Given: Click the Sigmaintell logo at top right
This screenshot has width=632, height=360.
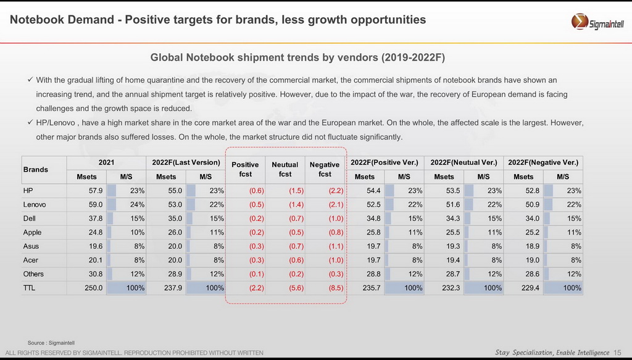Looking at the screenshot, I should (597, 23).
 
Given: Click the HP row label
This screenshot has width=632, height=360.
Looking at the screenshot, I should (28, 191).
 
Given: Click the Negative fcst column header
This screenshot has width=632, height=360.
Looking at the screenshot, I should (325, 169).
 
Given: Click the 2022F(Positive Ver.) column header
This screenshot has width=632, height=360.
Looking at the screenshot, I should (384, 162).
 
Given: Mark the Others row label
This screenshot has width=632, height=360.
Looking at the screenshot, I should (33, 274).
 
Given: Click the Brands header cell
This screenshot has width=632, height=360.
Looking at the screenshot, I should (36, 169).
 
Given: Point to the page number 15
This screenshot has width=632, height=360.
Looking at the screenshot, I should (618, 353).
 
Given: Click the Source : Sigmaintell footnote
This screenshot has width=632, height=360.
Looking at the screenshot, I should (51, 342).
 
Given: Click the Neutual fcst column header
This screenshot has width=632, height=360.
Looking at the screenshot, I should (285, 169).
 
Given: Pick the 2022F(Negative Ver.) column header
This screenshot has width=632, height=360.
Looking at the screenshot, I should (543, 162).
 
